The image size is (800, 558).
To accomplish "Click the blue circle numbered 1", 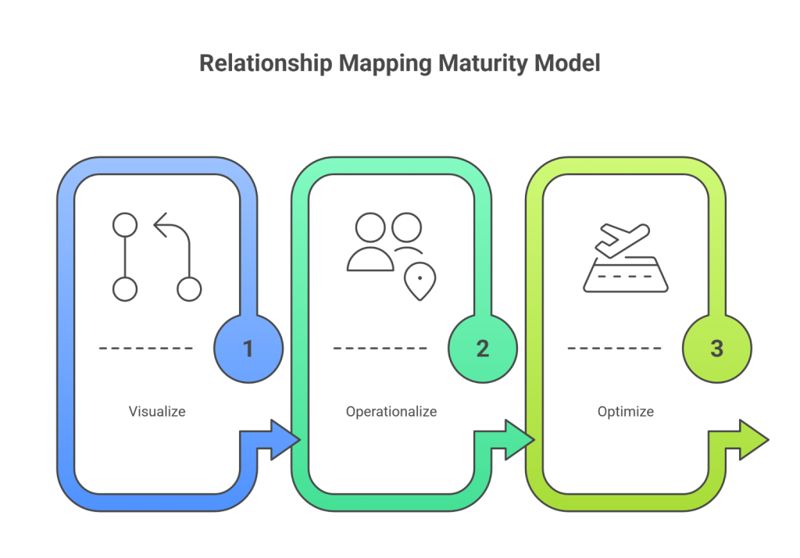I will (x=248, y=348).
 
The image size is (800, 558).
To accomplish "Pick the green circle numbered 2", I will (x=482, y=348).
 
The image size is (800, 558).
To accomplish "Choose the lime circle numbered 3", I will (x=716, y=348).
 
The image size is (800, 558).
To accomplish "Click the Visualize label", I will (x=157, y=411).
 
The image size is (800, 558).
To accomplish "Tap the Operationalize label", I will (x=391, y=411).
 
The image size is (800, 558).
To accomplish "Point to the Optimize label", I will (x=626, y=411).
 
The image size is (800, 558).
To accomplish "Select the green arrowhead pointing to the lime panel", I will (x=519, y=440).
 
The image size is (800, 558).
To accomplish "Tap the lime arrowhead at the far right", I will (x=752, y=440).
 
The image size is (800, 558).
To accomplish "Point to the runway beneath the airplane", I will (x=625, y=277).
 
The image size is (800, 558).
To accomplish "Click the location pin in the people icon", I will (x=420, y=278).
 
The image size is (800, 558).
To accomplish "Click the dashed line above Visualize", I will (x=146, y=348).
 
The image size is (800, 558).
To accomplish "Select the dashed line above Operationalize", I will (x=380, y=348).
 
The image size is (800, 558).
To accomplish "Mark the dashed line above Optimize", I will (x=615, y=348).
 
